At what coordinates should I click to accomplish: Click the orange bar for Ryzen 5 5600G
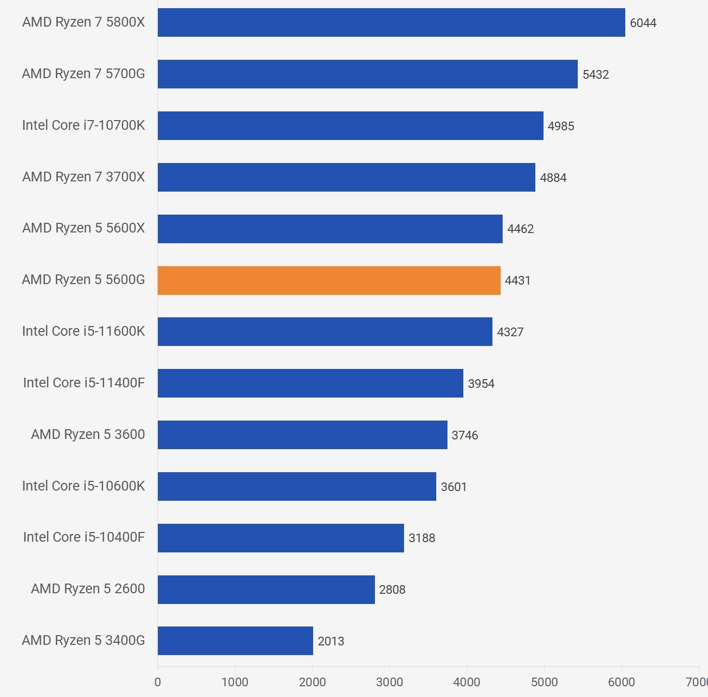tap(329, 281)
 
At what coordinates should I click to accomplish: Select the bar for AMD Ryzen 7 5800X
tap(391, 22)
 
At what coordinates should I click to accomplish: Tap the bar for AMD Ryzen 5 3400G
tap(235, 641)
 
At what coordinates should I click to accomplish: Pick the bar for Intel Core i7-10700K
tap(350, 126)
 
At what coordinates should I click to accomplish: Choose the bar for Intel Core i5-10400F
tap(280, 538)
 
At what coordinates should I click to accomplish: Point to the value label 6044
tap(643, 23)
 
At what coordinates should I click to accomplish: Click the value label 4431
tap(517, 281)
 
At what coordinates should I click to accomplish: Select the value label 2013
tap(331, 641)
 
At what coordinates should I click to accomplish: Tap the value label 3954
tap(481, 384)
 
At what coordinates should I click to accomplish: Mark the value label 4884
tap(553, 178)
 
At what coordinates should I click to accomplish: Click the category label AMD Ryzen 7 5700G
tap(83, 74)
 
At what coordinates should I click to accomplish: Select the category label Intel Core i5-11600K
tap(83, 332)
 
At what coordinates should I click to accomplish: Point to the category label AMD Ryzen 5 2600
tap(88, 589)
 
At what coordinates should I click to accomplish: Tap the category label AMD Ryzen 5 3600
tap(88, 435)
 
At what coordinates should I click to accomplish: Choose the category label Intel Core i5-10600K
tap(83, 486)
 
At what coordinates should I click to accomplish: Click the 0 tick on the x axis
tap(157, 682)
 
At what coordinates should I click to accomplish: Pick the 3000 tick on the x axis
tap(389, 682)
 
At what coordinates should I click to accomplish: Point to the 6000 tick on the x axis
tap(621, 682)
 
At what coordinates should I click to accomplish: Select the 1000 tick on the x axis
tap(235, 682)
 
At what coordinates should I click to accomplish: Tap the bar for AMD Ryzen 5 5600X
tap(330, 229)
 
